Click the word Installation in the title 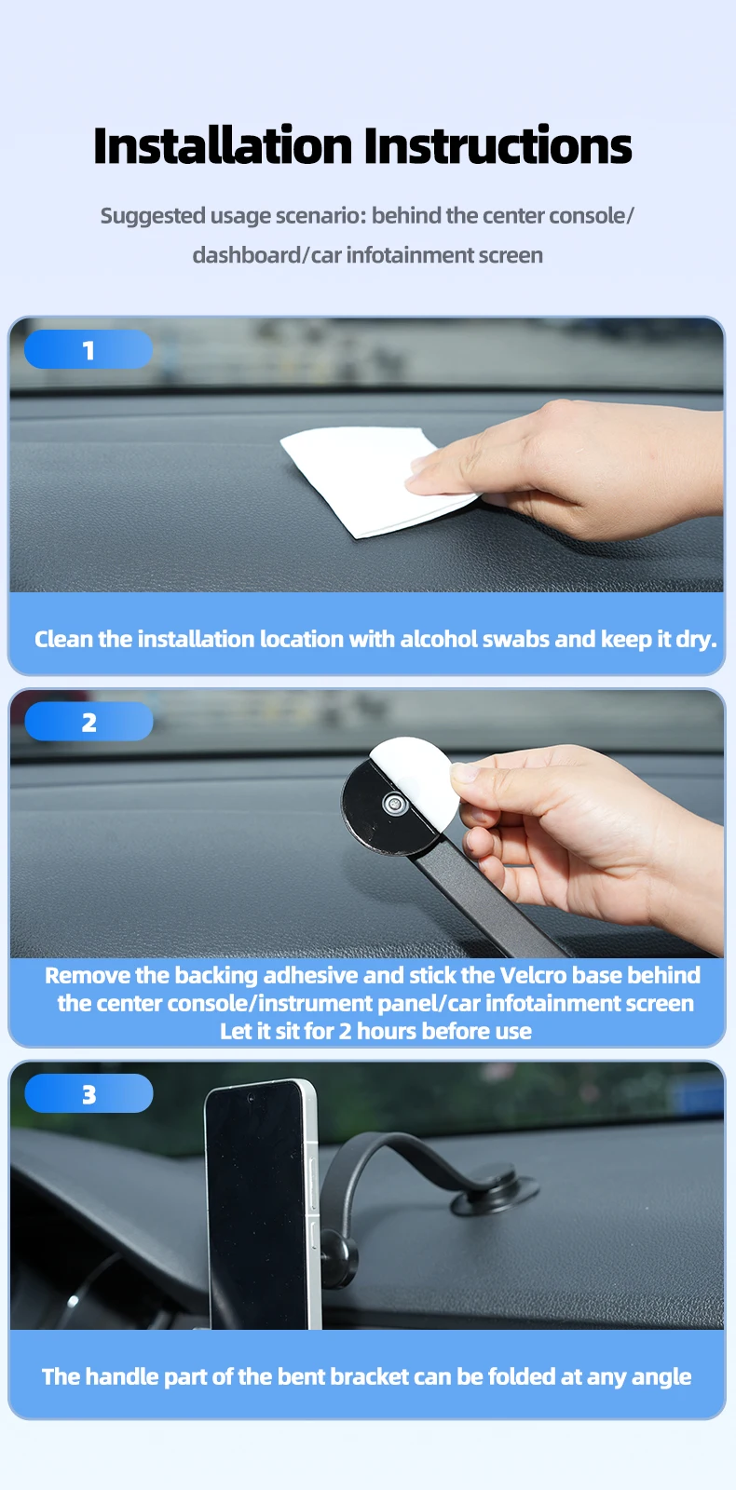(223, 145)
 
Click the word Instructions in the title (497, 145)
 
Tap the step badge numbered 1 (89, 349)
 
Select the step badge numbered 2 (89, 722)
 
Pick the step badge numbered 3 (89, 1093)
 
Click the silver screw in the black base (395, 804)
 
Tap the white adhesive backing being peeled (416, 779)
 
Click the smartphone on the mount (262, 1204)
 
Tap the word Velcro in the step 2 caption (533, 975)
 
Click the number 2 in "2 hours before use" (345, 1032)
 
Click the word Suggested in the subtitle (153, 216)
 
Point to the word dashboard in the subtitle (246, 255)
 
